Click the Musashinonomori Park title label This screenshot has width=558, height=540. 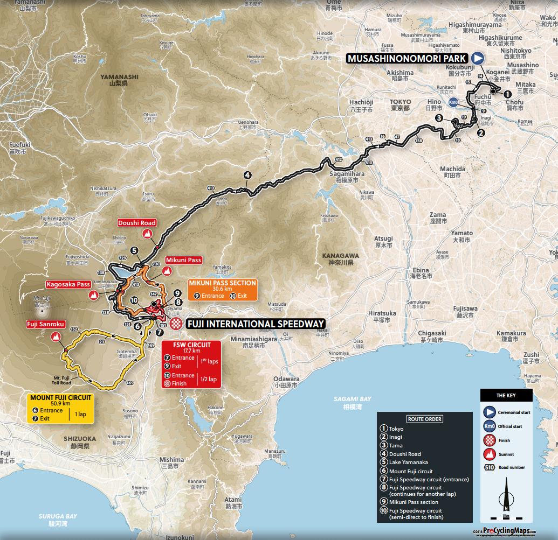click(x=407, y=59)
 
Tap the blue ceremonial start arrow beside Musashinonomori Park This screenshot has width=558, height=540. click(x=478, y=59)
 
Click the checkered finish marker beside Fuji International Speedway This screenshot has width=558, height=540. click(x=175, y=324)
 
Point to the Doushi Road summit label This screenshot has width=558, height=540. click(x=137, y=223)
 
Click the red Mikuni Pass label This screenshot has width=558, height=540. click(x=184, y=260)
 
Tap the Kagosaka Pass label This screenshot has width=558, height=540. click(x=67, y=284)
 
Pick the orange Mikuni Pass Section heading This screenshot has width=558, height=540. click(x=222, y=283)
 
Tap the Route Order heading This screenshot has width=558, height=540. click(x=417, y=419)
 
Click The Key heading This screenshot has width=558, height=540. click(x=506, y=395)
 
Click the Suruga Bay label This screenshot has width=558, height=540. click(x=58, y=516)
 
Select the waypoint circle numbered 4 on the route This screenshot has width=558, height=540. click(x=247, y=175)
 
